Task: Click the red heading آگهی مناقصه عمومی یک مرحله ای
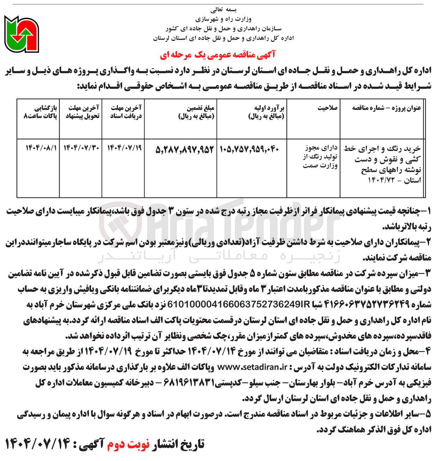click(217, 55)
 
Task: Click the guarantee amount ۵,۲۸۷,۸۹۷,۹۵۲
click(185, 150)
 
